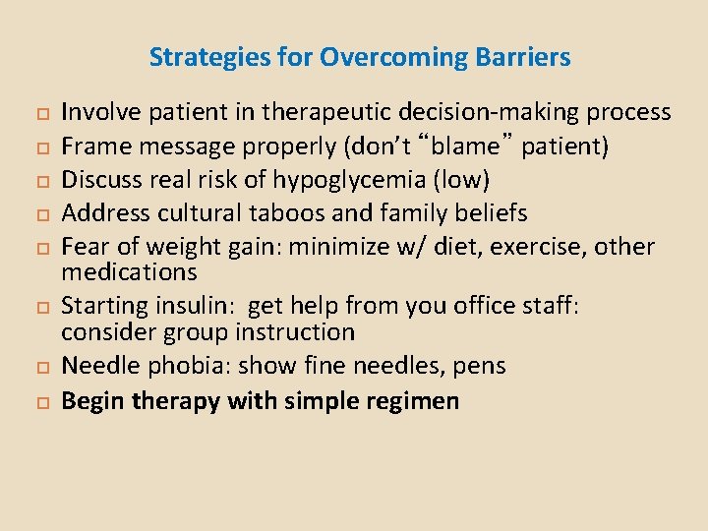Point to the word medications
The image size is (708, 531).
point(129,271)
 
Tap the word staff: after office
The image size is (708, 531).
point(548,306)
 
